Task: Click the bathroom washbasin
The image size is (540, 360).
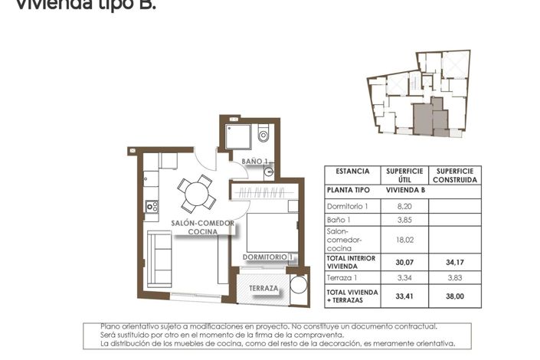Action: [268, 172]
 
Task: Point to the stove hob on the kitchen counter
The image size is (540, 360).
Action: [152, 206]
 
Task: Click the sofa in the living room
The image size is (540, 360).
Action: [160, 257]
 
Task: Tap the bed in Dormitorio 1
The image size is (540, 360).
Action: [270, 231]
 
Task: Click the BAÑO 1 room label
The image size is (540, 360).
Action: [255, 162]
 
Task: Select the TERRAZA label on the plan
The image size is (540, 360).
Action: [263, 289]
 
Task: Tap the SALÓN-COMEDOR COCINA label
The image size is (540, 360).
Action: [203, 227]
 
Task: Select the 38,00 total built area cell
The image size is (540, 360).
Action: [454, 296]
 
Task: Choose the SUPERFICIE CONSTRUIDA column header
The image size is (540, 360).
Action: [454, 175]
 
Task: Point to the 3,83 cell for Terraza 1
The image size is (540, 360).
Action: [454, 278]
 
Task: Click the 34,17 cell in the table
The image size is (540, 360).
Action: [454, 261]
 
